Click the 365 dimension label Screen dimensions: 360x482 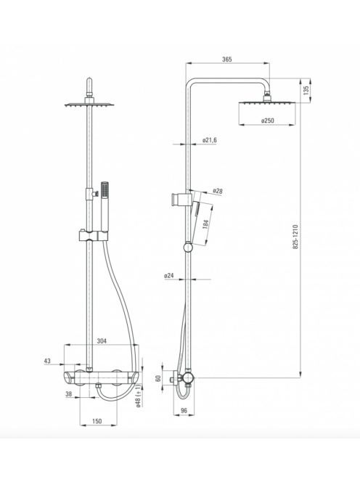(227, 60)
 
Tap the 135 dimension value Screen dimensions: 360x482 (306, 90)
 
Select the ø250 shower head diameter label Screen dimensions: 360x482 (268, 120)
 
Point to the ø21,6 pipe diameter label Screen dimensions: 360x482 (210, 140)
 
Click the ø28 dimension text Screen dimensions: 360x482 (218, 191)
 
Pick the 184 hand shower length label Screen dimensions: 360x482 (206, 224)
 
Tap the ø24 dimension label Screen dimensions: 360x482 (169, 276)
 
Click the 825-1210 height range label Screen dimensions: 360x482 (295, 237)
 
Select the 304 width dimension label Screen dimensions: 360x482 (102, 341)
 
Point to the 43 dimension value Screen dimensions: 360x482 (47, 361)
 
